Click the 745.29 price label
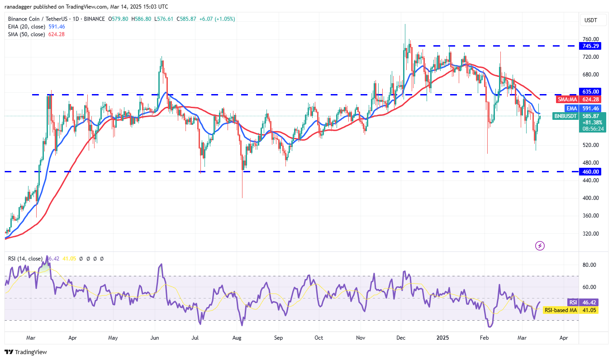click(x=591, y=46)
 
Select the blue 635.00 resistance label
click(x=591, y=91)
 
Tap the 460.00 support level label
click(x=591, y=172)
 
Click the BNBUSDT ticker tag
click(x=566, y=116)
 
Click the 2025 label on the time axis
click(x=441, y=338)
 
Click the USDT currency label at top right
click(x=591, y=20)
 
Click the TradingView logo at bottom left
click(x=26, y=352)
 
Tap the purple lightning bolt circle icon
click(x=540, y=246)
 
